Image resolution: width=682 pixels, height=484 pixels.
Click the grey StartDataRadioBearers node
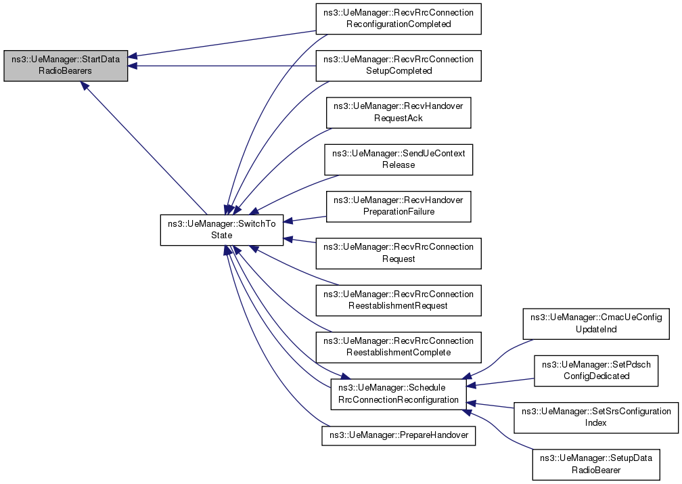(x=66, y=65)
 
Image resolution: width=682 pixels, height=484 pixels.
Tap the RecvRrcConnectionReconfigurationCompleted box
(x=399, y=18)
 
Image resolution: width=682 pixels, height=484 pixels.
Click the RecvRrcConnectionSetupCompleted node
(x=399, y=65)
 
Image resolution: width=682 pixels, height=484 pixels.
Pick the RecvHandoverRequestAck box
(x=399, y=112)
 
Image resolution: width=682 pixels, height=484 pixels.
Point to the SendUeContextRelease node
(x=399, y=159)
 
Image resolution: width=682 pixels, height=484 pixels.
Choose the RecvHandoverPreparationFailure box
(x=399, y=206)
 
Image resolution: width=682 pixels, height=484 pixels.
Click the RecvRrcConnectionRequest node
(x=399, y=252)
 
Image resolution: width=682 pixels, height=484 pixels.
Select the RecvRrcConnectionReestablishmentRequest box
(x=399, y=300)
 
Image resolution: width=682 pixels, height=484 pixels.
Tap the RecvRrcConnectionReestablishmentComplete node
(x=399, y=347)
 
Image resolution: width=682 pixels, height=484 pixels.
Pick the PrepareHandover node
(x=399, y=435)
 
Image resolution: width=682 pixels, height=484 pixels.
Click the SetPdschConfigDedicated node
(x=596, y=370)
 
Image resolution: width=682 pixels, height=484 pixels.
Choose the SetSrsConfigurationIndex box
(x=596, y=417)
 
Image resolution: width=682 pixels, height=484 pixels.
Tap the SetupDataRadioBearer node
(x=596, y=464)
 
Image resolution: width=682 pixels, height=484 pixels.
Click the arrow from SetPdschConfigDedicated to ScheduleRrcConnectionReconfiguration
(x=501, y=382)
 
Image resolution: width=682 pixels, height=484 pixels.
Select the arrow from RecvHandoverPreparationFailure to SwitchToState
(x=304, y=218)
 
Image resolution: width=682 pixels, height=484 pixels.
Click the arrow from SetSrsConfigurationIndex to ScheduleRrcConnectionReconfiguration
(x=491, y=405)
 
